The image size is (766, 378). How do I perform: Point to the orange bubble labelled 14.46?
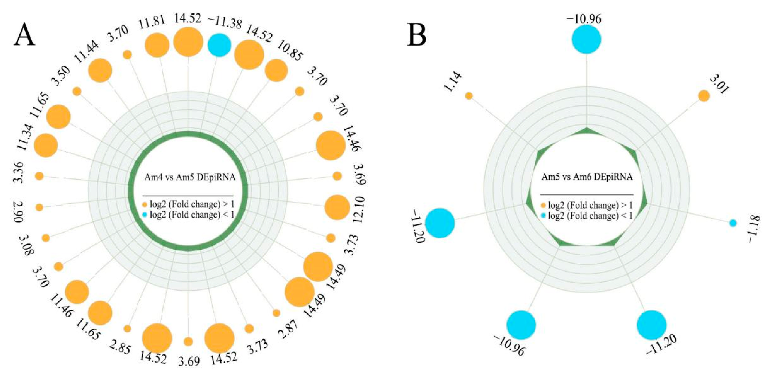point(331,145)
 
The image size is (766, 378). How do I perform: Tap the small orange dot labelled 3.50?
point(77,91)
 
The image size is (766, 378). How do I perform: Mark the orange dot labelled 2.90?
point(39,207)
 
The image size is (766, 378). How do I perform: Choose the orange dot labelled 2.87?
point(276,313)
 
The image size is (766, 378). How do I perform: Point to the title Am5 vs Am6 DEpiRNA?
point(587,177)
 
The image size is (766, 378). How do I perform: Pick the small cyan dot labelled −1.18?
point(733,223)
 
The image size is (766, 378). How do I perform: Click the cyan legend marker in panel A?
point(145,215)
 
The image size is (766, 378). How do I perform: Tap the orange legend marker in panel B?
point(543,205)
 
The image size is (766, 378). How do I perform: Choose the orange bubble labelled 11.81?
point(157,46)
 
